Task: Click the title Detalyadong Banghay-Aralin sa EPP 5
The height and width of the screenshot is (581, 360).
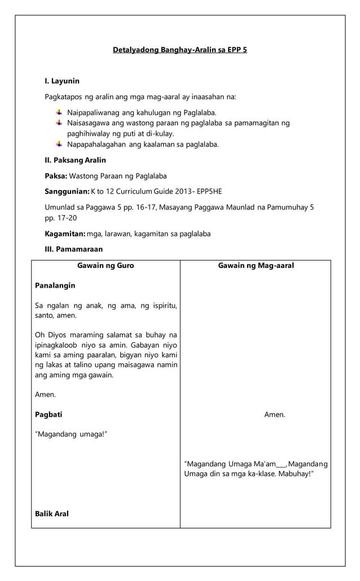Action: click(x=180, y=50)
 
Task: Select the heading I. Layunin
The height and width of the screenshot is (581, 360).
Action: click(x=62, y=81)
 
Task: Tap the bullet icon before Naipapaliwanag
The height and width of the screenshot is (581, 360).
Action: click(x=59, y=112)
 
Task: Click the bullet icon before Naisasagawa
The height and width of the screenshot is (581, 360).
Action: click(x=59, y=122)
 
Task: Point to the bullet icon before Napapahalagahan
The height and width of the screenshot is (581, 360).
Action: click(x=59, y=144)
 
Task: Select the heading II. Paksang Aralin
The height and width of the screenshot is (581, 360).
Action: click(x=75, y=160)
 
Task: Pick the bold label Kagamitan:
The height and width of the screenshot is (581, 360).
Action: click(x=65, y=234)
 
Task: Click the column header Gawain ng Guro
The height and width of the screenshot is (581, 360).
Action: click(x=106, y=266)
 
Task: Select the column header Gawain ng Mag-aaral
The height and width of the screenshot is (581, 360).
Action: click(x=256, y=266)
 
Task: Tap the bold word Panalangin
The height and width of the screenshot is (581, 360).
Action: click(x=55, y=285)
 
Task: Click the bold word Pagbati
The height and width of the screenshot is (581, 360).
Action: click(x=49, y=415)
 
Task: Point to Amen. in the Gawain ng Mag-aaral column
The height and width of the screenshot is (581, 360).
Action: click(x=274, y=415)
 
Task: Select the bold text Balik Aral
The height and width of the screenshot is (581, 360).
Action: click(x=52, y=514)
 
